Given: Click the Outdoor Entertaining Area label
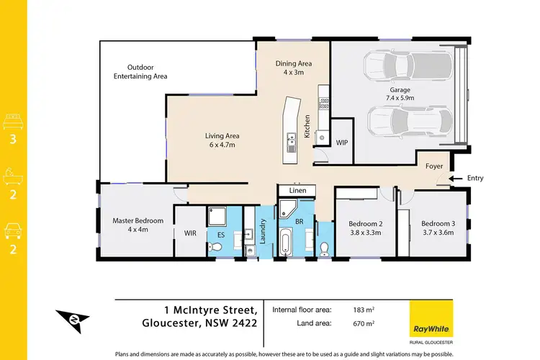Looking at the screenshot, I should (141, 71).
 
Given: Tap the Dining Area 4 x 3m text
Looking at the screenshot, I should (293, 68).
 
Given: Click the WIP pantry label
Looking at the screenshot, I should (342, 143).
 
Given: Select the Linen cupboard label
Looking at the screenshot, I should (298, 190).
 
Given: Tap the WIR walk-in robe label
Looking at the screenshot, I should (190, 233).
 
